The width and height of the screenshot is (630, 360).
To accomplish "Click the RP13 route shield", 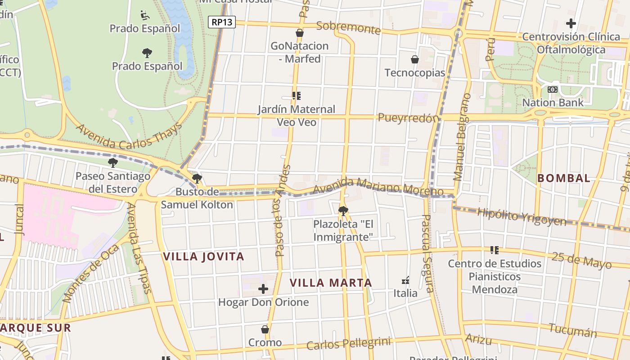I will pyautogui.click(x=222, y=22).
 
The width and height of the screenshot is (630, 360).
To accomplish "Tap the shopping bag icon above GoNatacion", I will pyautogui.click(x=300, y=33).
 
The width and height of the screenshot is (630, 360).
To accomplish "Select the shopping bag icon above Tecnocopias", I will pyautogui.click(x=415, y=59).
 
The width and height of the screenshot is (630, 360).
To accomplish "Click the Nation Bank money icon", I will pyautogui.click(x=553, y=90).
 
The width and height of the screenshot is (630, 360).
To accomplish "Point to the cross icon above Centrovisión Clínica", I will pyautogui.click(x=571, y=23).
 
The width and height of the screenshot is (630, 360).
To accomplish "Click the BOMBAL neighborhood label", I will pyautogui.click(x=564, y=178).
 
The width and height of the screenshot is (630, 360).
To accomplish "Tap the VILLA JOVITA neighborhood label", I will pyautogui.click(x=203, y=256).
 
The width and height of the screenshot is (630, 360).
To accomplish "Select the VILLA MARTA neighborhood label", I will pyautogui.click(x=331, y=283).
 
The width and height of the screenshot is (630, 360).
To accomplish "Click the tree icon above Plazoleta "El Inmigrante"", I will pyautogui.click(x=343, y=211).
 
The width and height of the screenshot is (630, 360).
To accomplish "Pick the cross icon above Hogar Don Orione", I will pyautogui.click(x=263, y=289).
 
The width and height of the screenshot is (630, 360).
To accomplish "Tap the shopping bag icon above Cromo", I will pyautogui.click(x=265, y=329).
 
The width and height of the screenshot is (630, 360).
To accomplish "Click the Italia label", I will pyautogui.click(x=405, y=293).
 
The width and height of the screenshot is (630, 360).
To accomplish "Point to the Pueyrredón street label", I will pyautogui.click(x=408, y=118).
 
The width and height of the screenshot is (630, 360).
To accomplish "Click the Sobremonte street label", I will pyautogui.click(x=348, y=27).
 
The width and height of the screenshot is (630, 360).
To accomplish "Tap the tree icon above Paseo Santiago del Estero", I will pyautogui.click(x=112, y=162).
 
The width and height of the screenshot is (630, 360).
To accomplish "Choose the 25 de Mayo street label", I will pyautogui.click(x=581, y=260).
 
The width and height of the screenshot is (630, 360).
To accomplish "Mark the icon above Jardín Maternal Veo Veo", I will pyautogui.click(x=296, y=96).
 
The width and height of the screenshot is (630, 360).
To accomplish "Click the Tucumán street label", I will pyautogui.click(x=572, y=331).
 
